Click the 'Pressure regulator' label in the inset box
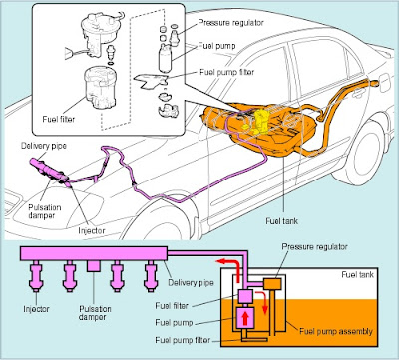pos(230,23)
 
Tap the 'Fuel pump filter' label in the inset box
pos(227,72)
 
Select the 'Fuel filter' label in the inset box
pos(59,119)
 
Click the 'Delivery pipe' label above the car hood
pos(44,146)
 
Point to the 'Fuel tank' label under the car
pos(282,221)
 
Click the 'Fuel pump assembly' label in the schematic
pos(336,331)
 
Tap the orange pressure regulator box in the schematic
pos(272,283)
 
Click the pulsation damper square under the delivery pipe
pos(94,265)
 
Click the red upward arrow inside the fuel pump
pos(245,319)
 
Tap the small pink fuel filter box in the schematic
pos(246,296)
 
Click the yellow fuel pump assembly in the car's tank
pos(257,121)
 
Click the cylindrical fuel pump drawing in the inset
pos(165,58)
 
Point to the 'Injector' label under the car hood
pos(92,230)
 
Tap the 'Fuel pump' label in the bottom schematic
pos(174,322)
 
